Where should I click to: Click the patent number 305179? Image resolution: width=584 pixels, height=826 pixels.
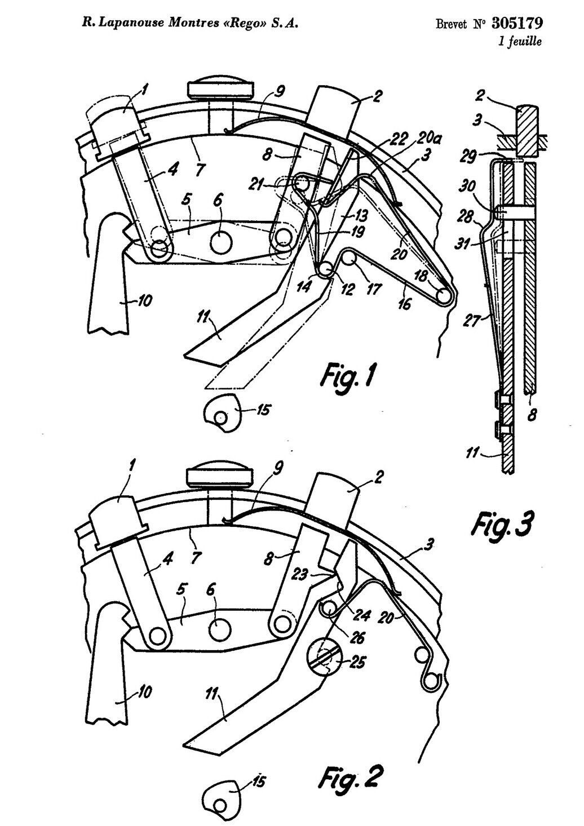coord(517,23)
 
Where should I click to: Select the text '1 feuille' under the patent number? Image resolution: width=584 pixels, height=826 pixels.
coord(520,41)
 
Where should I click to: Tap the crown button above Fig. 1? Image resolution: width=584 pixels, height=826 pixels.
coord(220,88)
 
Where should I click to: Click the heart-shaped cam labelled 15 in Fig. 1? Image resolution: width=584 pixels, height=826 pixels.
coord(222,412)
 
